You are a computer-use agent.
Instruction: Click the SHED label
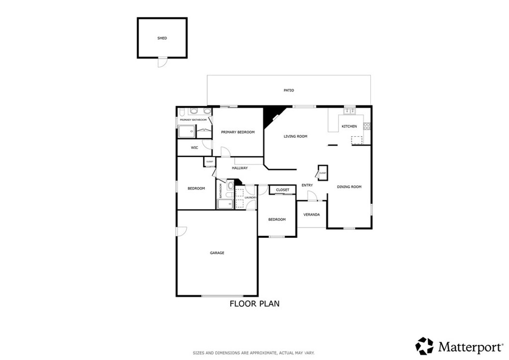(162, 38)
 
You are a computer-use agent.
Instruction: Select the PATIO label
(289, 90)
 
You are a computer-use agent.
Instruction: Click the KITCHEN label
(349, 126)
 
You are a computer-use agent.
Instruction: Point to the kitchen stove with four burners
(367, 126)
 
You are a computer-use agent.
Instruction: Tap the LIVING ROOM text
(295, 136)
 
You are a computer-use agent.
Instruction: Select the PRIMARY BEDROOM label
(238, 132)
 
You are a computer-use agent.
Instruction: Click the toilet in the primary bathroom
(182, 111)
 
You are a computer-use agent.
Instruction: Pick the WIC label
(194, 148)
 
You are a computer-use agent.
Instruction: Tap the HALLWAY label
(240, 168)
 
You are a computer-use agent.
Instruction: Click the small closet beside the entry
(323, 173)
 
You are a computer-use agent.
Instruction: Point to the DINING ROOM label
(349, 187)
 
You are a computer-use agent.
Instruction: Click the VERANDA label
(312, 215)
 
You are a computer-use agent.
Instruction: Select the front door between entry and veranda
(312, 197)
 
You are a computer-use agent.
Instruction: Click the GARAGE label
(217, 253)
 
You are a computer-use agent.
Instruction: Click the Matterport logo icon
(424, 346)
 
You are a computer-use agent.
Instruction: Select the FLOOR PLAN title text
(254, 304)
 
